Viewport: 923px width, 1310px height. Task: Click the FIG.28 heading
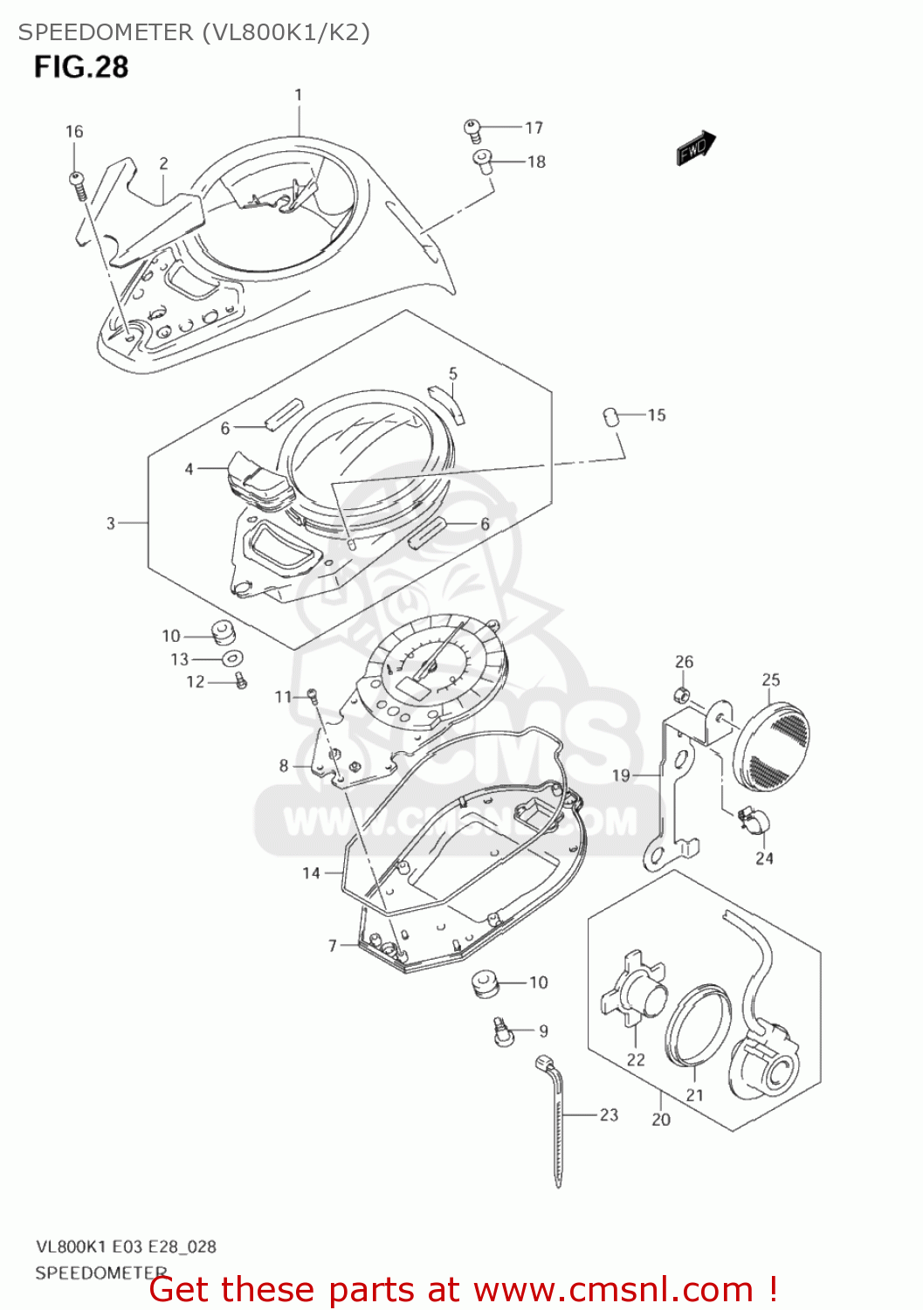81,67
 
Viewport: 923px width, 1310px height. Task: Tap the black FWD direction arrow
697,148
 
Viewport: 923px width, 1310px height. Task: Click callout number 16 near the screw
74,132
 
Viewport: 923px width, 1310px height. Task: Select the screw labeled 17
472,130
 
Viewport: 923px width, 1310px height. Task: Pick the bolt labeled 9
500,1031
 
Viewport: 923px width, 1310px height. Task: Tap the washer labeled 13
232,658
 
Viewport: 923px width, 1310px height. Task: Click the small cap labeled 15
611,417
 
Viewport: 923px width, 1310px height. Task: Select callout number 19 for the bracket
621,776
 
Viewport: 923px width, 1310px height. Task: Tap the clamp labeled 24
752,820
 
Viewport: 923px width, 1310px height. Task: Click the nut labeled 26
683,695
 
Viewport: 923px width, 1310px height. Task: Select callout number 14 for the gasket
312,872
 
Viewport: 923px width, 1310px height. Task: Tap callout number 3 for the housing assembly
111,523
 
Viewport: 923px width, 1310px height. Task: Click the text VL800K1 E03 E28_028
126,1246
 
